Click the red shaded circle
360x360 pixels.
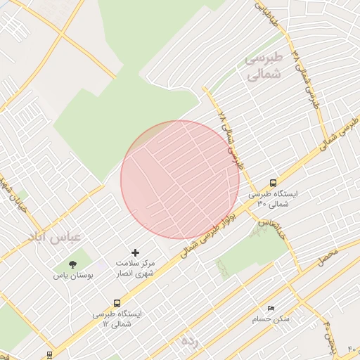(180, 179)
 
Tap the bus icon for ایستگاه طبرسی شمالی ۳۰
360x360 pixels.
(273, 182)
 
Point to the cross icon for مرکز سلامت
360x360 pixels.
(136, 252)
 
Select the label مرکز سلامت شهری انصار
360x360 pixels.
(135, 268)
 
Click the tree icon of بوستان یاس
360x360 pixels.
(73, 264)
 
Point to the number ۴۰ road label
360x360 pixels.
(352, 349)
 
